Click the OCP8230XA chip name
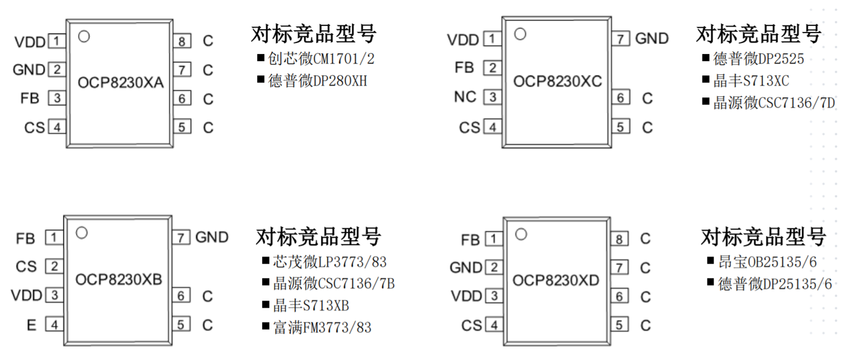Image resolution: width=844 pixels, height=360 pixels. pyautogui.click(x=121, y=83)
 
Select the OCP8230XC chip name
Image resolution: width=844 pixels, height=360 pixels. pyautogui.click(x=557, y=81)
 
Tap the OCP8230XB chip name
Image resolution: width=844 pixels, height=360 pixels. pyautogui.click(x=118, y=280)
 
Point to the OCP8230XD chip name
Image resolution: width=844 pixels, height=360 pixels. pyautogui.click(x=556, y=281)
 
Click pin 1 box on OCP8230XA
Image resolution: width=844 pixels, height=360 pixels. pyautogui.click(x=56, y=41)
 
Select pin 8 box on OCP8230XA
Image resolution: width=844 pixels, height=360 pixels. pyautogui.click(x=182, y=41)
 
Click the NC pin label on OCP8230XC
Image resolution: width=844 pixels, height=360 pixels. pyautogui.click(x=465, y=97)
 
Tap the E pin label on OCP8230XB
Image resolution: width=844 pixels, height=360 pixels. pyautogui.click(x=31, y=325)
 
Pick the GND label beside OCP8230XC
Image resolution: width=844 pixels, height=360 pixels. pyautogui.click(x=651, y=39)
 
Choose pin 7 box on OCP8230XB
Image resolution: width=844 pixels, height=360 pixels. pyautogui.click(x=181, y=238)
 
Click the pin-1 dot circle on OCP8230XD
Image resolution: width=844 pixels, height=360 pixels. pyautogui.click(x=521, y=234)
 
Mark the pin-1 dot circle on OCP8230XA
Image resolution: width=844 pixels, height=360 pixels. pyautogui.click(x=84, y=36)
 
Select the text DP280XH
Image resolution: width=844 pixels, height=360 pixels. pyautogui.click(x=340, y=81)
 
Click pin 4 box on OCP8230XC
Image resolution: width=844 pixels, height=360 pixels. pyautogui.click(x=492, y=128)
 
